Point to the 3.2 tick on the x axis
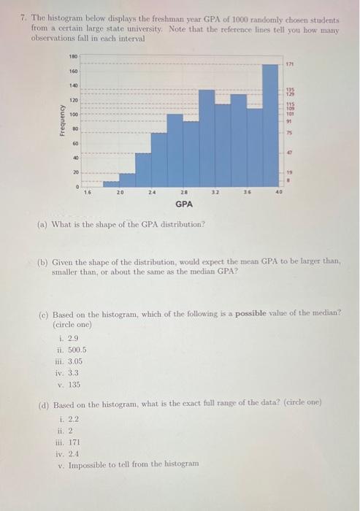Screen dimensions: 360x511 coord(215,193)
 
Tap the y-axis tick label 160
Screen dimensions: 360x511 coord(73,71)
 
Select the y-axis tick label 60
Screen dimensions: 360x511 coord(74,144)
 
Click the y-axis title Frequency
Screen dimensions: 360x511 coord(63,120)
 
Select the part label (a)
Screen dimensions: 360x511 coord(44,223)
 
